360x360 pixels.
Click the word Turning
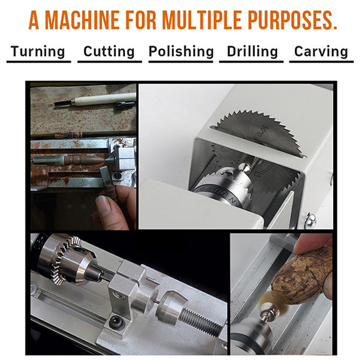(37, 51)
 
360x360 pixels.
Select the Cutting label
(109, 51)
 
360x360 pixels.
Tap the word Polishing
(181, 51)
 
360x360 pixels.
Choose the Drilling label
(251, 51)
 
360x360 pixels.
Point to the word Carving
(321, 51)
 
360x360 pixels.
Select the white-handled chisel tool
(103, 98)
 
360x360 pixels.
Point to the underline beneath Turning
(37, 61)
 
